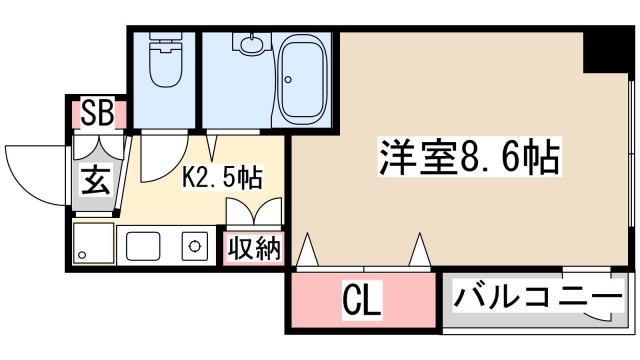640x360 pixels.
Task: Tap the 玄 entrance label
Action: [96, 182]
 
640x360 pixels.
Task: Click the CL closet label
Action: [362, 301]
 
